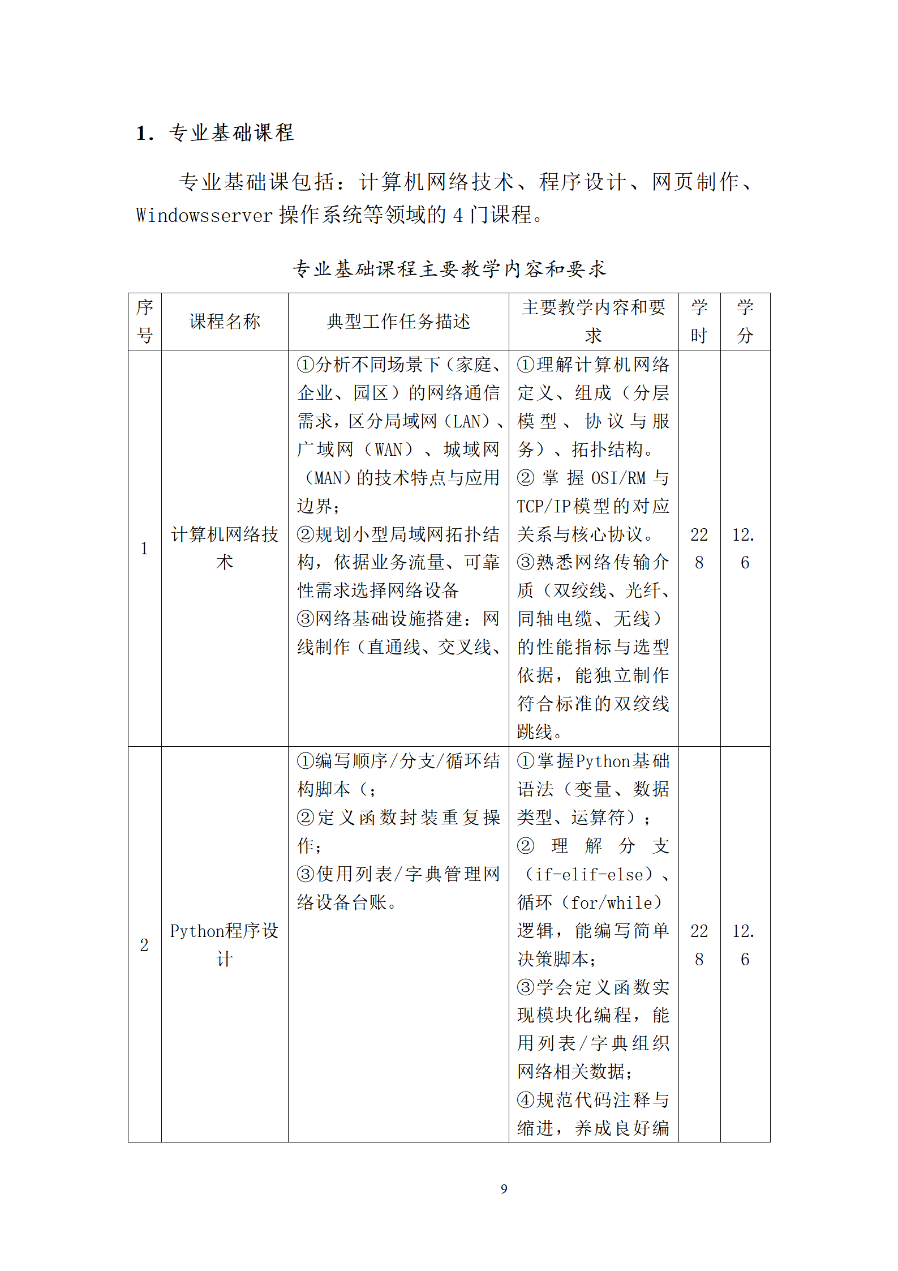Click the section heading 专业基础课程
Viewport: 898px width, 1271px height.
(231, 133)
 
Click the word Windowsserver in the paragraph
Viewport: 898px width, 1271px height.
(204, 215)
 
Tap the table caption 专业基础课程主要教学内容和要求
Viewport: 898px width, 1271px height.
(449, 268)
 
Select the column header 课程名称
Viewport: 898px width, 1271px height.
(225, 322)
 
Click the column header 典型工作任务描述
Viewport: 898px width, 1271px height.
(398, 322)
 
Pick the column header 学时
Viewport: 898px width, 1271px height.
(699, 322)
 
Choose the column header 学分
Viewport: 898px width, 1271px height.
(745, 322)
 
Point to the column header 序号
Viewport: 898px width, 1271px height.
(145, 322)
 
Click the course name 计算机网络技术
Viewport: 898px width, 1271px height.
(225, 548)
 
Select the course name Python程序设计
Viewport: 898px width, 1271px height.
(225, 944)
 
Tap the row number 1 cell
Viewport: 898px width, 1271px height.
(144, 548)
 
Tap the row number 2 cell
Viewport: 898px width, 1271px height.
(144, 944)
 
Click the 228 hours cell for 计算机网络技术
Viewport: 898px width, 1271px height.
(699, 548)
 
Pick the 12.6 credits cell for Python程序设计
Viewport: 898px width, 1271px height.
(745, 944)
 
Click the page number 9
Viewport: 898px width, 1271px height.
(504, 1189)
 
